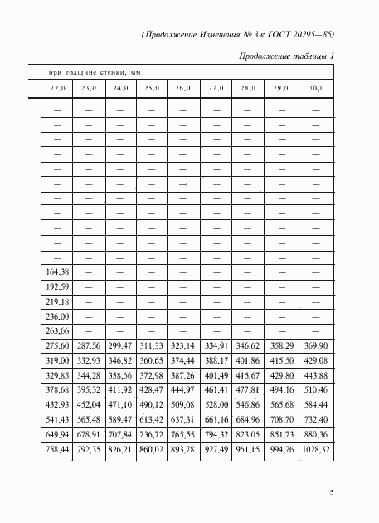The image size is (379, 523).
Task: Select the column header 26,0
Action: tap(182, 87)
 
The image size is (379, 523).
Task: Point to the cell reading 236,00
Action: tap(57, 316)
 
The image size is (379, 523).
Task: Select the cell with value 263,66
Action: tap(57, 330)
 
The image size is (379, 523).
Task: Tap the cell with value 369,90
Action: tap(318, 345)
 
